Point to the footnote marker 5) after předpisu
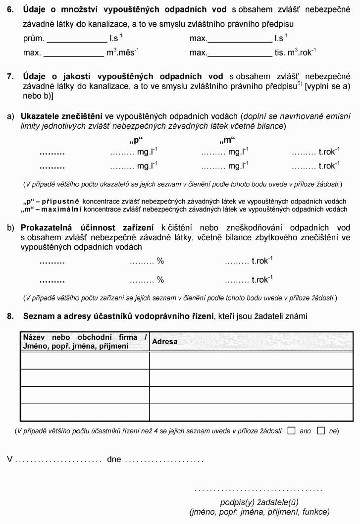pyautogui.click(x=300, y=84)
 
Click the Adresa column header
pyautogui.click(x=164, y=342)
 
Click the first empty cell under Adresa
pyautogui.click(x=251, y=361)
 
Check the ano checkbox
pyautogui.click(x=291, y=431)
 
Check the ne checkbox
pyautogui.click(x=321, y=431)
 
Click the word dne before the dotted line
pyautogui.click(x=114, y=460)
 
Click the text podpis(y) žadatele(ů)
pyautogui.click(x=259, y=502)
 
